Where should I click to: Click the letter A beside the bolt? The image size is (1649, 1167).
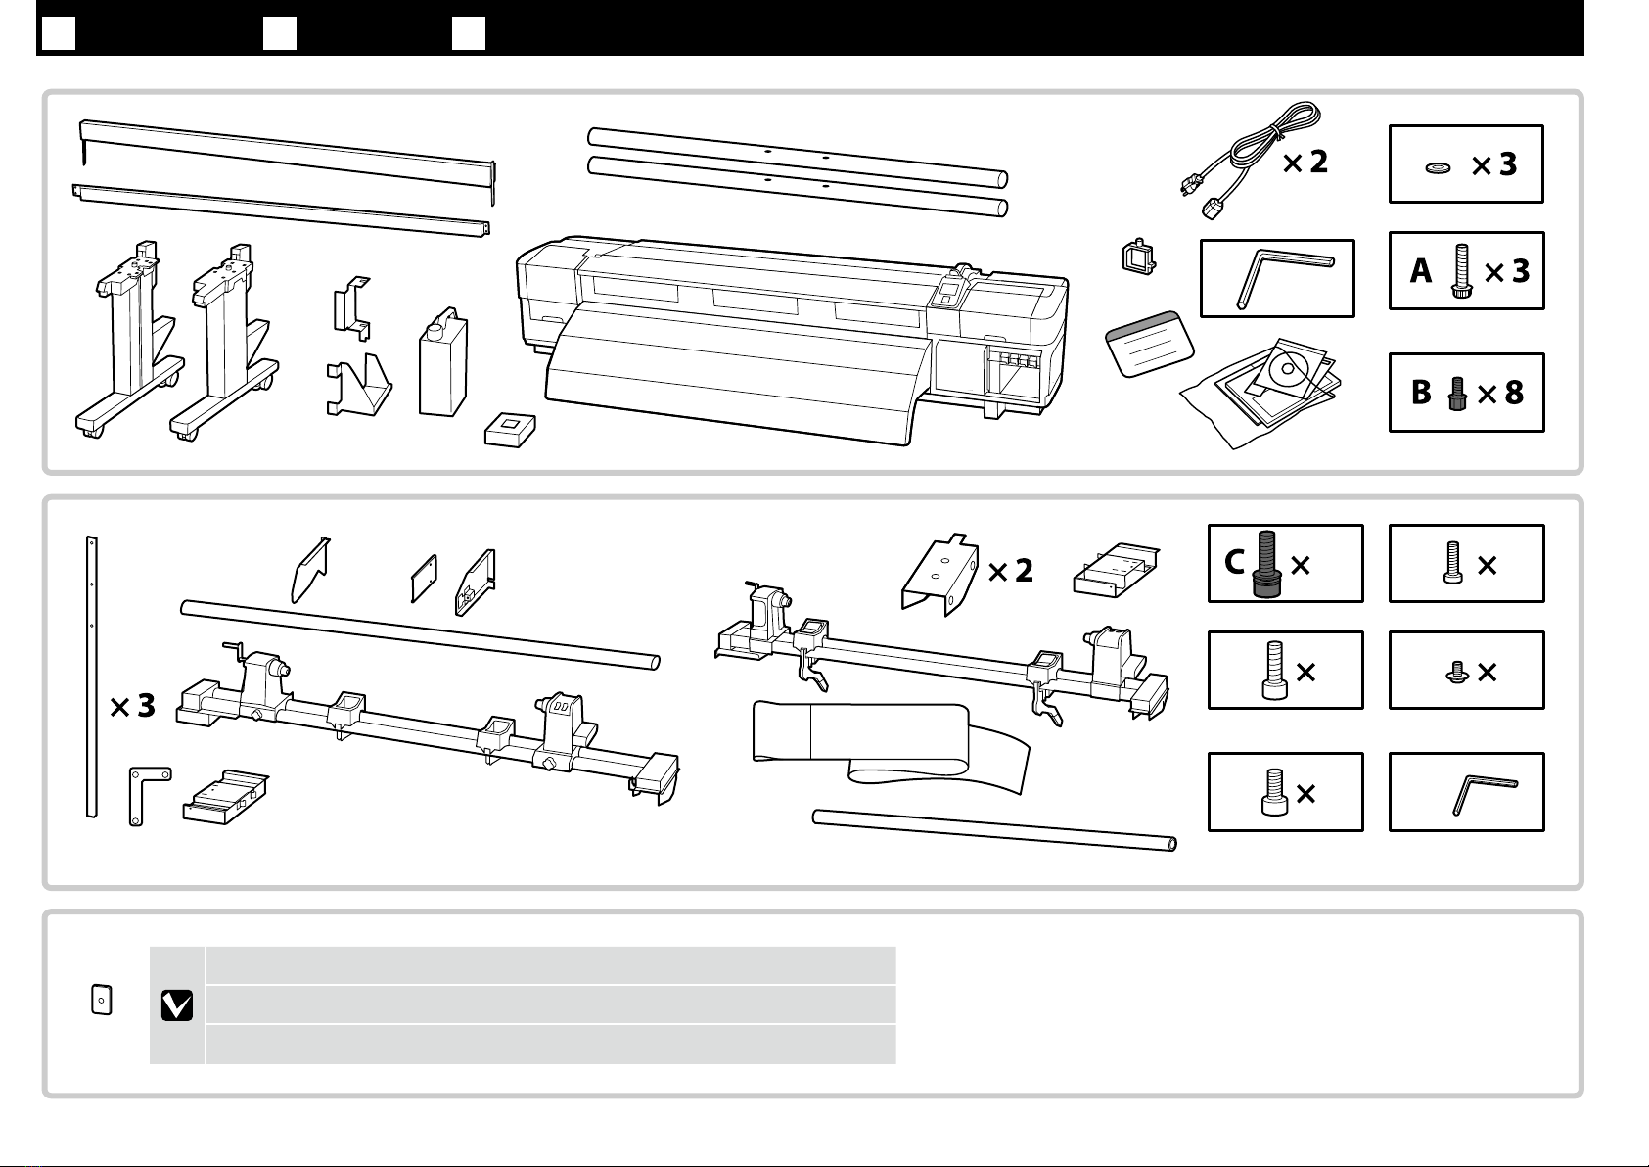[1421, 271]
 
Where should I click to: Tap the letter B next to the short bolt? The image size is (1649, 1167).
[1421, 393]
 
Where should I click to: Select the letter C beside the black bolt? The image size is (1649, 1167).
[1234, 563]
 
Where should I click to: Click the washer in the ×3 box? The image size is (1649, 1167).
[1438, 168]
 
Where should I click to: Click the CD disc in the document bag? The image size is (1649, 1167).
[1288, 369]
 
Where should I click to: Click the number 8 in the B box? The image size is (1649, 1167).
[1514, 393]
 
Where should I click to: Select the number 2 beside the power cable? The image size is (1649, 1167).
[1318, 162]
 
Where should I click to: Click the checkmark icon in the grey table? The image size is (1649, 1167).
[177, 1005]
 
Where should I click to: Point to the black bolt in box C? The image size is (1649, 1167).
[1266, 564]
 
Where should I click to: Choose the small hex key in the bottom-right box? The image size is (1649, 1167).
[1484, 794]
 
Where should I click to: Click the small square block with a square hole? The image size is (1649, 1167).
[510, 429]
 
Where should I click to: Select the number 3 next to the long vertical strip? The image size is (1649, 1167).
[147, 705]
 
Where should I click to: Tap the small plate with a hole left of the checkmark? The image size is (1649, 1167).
[102, 1000]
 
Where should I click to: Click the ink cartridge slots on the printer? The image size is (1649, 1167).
[1014, 360]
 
